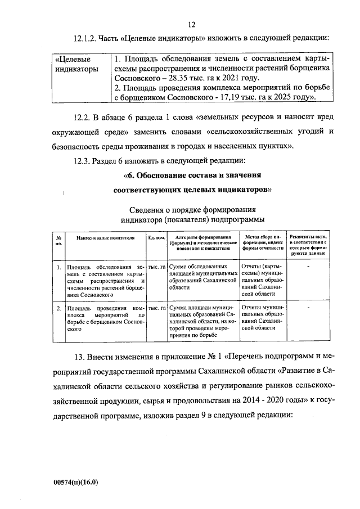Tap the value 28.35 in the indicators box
pyautogui.click(x=183, y=79)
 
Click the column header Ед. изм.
pyautogui.click(x=156, y=238)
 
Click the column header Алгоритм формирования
pyautogui.click(x=202, y=242)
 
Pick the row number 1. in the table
pyautogui.click(x=58, y=267)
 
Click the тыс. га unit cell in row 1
pyautogui.click(x=156, y=267)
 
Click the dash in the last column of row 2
pyautogui.click(x=308, y=308)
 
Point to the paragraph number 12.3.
pyautogui.click(x=83, y=161)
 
